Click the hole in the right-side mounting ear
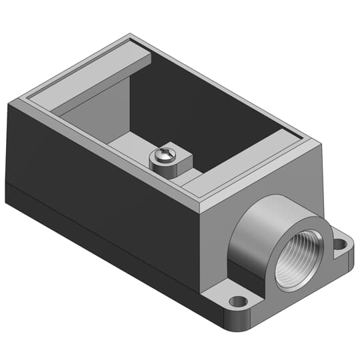click(x=341, y=245)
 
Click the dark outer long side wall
click(x=100, y=173)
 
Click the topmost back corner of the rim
click(x=129, y=34)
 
